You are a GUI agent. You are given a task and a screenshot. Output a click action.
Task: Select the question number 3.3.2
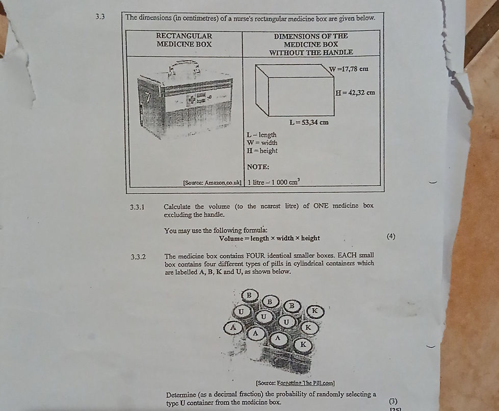point(138,256)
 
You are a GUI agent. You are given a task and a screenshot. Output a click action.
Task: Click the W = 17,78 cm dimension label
point(348,69)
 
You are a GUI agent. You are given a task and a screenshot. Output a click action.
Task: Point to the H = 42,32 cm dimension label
point(355,93)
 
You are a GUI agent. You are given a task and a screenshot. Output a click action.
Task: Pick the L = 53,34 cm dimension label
point(309,122)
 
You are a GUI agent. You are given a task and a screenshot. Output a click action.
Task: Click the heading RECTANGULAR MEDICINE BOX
point(184,40)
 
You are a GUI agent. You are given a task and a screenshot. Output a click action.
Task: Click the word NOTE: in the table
point(258,167)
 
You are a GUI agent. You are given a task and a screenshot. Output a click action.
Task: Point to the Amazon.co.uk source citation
point(212,182)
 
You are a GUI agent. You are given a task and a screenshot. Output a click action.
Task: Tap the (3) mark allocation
point(392,401)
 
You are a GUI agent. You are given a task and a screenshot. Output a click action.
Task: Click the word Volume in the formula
point(232,238)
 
